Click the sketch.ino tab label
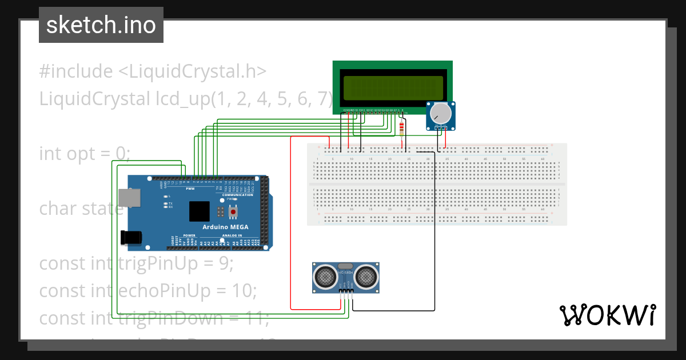101,25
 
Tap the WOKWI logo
607,315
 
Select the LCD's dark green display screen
393,87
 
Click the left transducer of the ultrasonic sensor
326,277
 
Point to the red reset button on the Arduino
233,213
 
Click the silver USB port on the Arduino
127,197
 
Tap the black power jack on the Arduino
131,237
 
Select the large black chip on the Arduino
200,211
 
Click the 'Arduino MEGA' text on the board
226,227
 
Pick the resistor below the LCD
402,128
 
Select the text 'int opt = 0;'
85,154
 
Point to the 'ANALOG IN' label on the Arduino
232,235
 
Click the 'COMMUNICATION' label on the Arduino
237,195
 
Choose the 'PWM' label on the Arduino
190,189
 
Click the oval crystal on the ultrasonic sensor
345,266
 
